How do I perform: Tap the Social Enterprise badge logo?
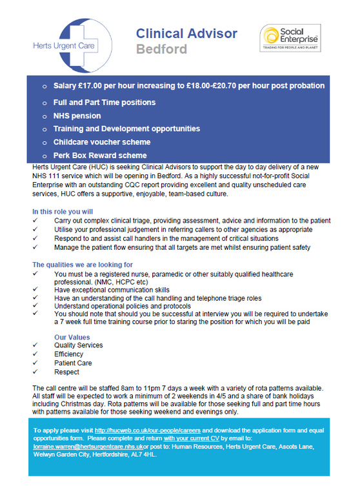pyautogui.click(x=290, y=43)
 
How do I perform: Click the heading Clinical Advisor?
pyautogui.click(x=186, y=34)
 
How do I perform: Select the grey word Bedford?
pyautogui.click(x=161, y=50)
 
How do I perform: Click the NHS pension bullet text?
pyautogui.click(x=77, y=116)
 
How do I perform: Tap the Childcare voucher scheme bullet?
pyautogui.click(x=102, y=142)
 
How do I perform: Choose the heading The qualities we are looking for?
pyautogui.click(x=83, y=265)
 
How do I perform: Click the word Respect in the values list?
pyautogui.click(x=67, y=372)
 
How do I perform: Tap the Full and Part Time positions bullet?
pyautogui.click(x=105, y=103)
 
